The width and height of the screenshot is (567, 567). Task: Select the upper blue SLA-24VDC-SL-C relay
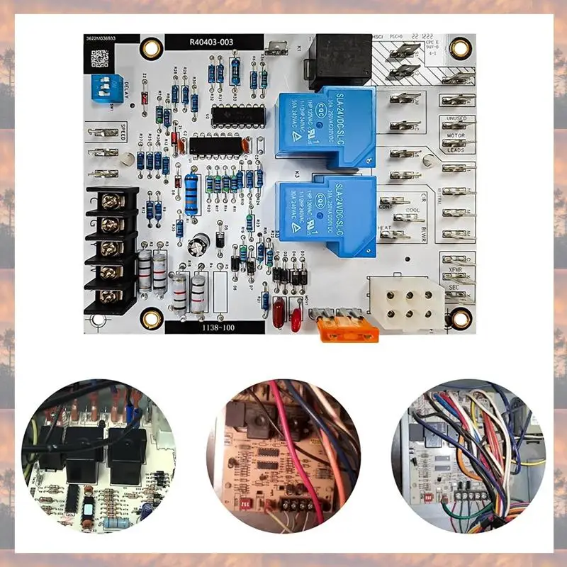coord(327,125)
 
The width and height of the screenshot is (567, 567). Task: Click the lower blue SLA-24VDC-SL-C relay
coord(327,215)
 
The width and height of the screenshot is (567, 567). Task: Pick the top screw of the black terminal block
coord(110,202)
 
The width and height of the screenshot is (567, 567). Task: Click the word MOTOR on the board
coord(456,134)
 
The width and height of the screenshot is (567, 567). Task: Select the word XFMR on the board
coord(454,270)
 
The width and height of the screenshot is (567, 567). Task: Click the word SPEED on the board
coord(122,132)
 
